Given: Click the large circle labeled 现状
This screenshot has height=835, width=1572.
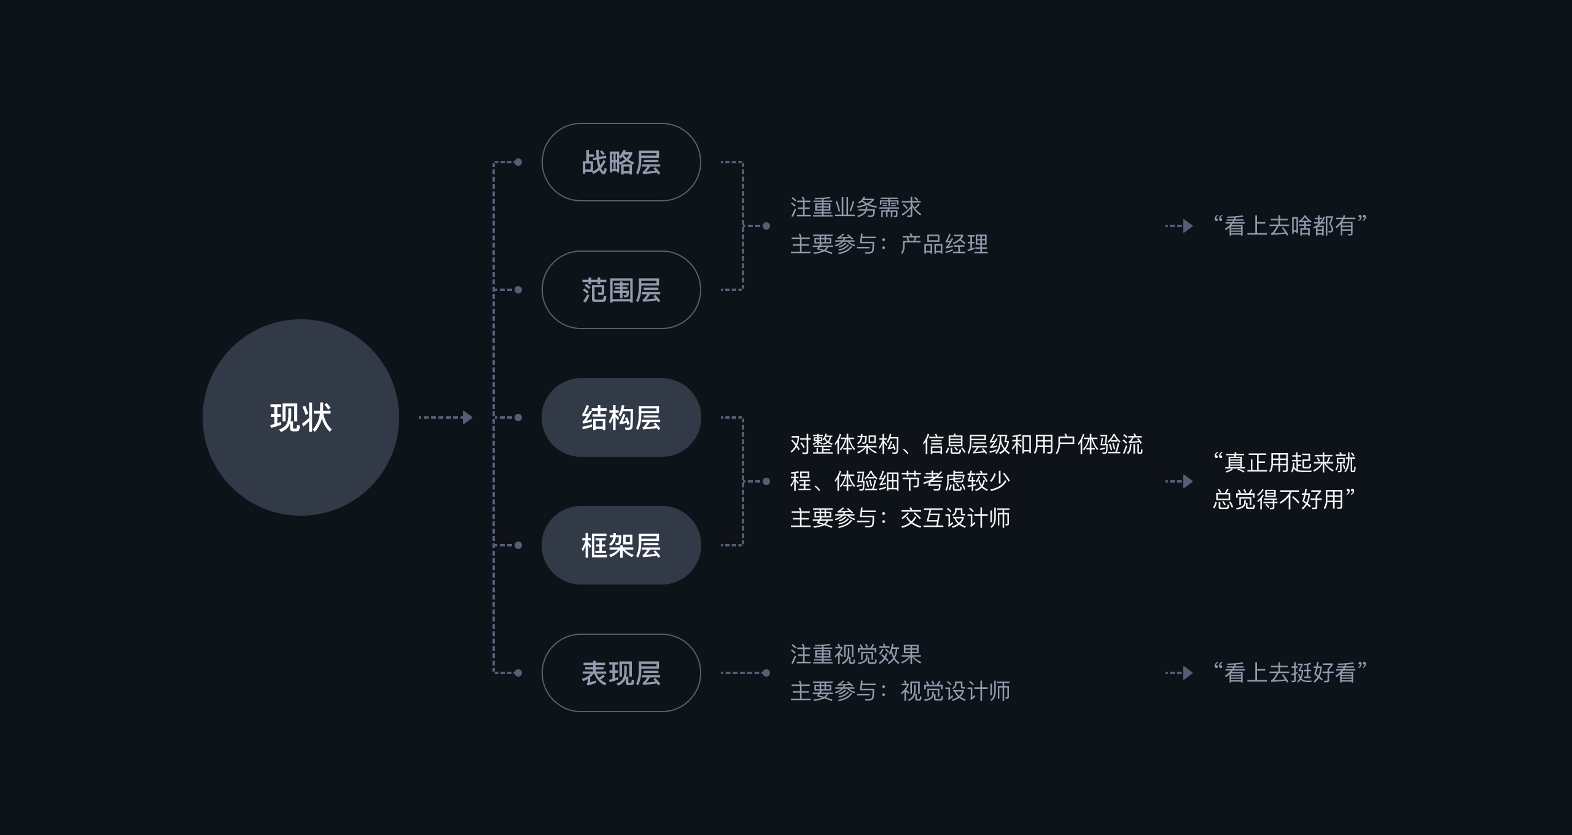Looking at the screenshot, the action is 301,417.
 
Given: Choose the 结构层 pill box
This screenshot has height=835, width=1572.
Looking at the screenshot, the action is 621,417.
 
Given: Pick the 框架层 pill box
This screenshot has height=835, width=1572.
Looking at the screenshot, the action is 621,545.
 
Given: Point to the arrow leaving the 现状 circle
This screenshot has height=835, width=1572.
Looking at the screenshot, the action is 446,417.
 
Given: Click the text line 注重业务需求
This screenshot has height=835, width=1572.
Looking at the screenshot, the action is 856,208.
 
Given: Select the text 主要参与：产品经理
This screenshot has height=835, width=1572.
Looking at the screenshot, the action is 889,244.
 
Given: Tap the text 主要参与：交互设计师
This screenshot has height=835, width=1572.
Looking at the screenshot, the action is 900,518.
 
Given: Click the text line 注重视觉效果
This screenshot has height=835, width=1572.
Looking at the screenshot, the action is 856,654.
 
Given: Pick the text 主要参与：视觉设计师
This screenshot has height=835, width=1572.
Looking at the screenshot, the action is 900,691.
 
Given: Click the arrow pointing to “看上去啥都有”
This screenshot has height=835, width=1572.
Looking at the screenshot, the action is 1179,226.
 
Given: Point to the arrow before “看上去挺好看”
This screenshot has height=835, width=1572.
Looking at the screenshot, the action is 1179,673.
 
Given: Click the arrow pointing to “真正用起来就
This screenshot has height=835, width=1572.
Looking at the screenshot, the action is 1179,481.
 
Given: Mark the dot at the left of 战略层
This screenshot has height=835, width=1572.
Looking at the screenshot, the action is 518,162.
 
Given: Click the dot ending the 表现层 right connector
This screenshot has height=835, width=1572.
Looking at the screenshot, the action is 766,673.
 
